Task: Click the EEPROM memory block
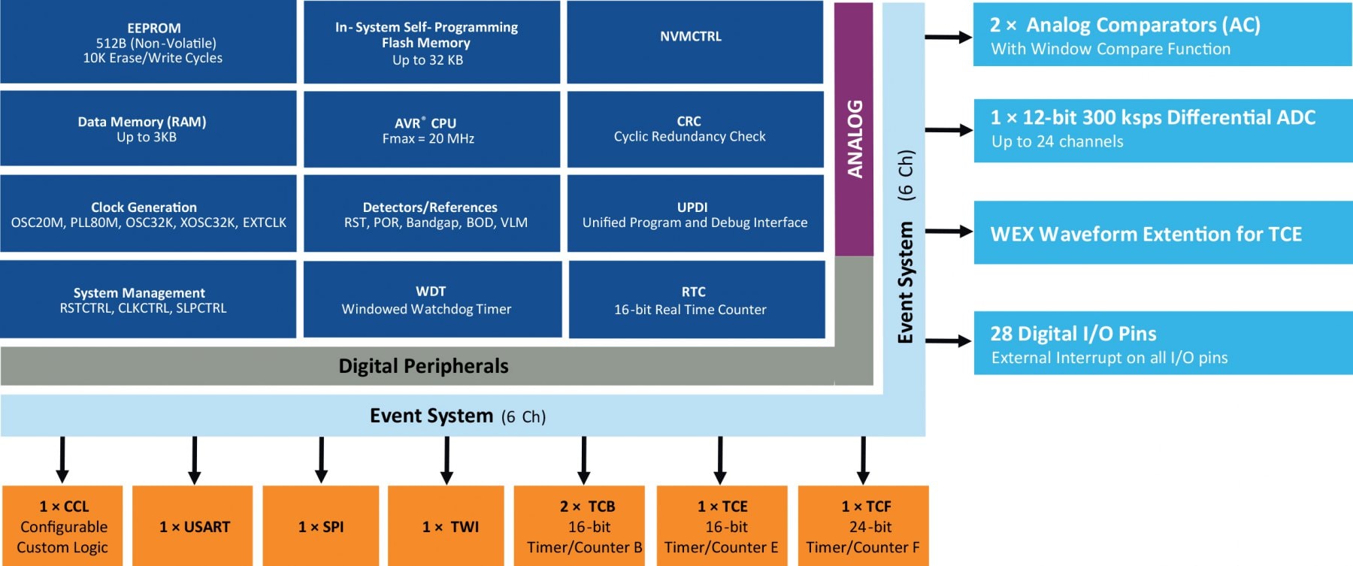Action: point(148,42)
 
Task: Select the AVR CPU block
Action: point(431,129)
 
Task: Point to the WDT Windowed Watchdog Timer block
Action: point(431,300)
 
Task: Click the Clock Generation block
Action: point(148,214)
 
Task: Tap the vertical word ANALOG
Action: point(855,139)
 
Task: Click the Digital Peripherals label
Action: point(423,366)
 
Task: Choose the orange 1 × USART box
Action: point(192,526)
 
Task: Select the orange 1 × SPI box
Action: point(321,526)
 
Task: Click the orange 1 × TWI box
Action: point(446,526)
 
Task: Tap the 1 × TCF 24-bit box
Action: point(863,526)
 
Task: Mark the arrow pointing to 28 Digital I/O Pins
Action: point(948,341)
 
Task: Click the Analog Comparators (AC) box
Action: point(1162,35)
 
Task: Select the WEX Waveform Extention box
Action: point(1162,233)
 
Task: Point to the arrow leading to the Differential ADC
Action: point(948,130)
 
